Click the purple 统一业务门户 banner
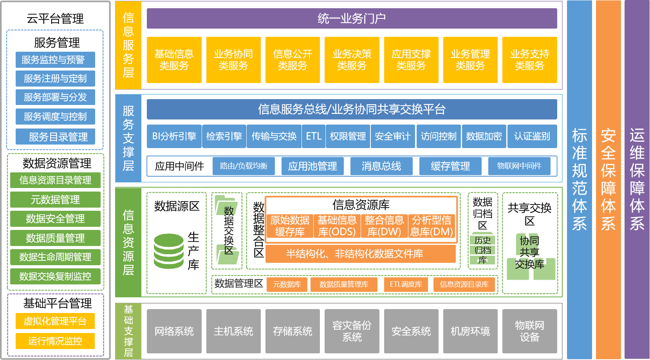coord(352,18)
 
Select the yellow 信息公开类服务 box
coord(292,60)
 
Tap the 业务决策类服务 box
coord(352,60)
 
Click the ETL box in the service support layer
coord(313,136)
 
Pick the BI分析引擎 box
coord(174,136)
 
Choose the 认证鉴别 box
coord(532,136)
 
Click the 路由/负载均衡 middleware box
coord(244,166)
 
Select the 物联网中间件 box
coord(519,166)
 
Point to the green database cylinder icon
coord(169,251)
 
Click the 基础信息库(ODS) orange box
coord(337,226)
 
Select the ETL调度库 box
coord(406,284)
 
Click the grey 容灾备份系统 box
coord(352,331)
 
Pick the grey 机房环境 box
coord(470,331)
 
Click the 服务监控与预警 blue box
coord(55,60)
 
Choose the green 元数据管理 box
coord(55,200)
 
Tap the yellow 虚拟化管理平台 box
coord(55,321)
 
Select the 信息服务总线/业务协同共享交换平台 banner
coord(352,109)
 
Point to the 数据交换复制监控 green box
coord(55,277)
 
